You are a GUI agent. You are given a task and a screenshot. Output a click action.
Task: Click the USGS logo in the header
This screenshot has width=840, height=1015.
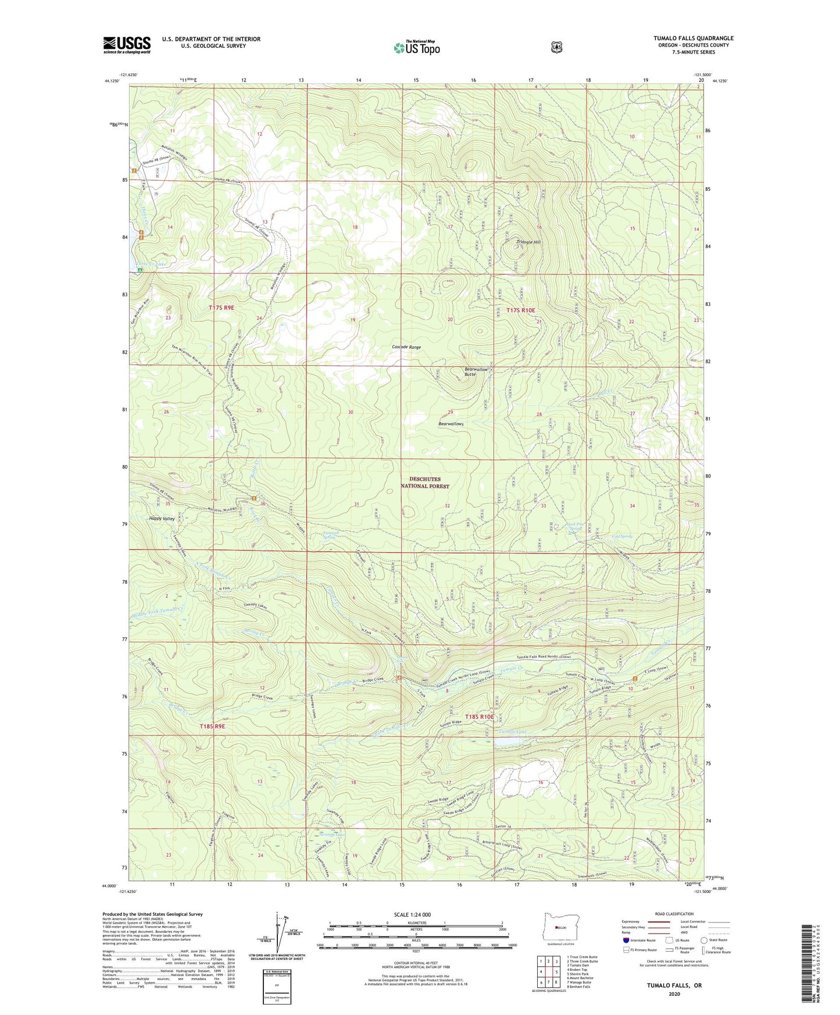[x=127, y=45]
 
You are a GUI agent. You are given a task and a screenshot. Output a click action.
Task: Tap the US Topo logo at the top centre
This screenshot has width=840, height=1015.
[x=416, y=48]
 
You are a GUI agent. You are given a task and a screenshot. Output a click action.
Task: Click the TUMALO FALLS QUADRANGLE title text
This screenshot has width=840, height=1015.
[x=693, y=38]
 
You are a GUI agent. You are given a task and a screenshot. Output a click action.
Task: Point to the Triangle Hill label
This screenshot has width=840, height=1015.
[x=530, y=242]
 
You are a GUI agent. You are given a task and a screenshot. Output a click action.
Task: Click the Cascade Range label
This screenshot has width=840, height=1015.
[x=406, y=347]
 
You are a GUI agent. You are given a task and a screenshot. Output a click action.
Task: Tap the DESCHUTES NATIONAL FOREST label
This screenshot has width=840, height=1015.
[x=424, y=483]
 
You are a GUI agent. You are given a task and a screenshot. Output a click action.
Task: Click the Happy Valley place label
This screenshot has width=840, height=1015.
[x=162, y=518]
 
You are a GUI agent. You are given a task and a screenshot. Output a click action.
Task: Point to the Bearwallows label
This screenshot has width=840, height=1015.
[x=451, y=424]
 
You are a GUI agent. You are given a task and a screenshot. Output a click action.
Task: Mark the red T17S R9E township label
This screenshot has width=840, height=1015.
[x=221, y=307]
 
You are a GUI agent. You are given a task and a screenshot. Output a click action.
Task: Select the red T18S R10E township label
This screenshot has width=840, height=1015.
[x=479, y=717]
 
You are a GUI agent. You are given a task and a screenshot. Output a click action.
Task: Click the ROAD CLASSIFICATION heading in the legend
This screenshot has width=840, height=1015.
[x=674, y=914]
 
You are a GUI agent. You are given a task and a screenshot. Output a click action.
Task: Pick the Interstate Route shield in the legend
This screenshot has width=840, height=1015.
[x=625, y=939]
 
